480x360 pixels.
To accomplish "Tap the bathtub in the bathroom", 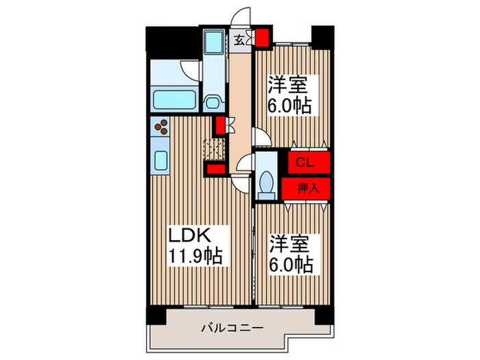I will tap(175, 101).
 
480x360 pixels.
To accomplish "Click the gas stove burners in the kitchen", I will tap(164, 128).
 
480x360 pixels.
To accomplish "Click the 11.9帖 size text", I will tap(195, 256).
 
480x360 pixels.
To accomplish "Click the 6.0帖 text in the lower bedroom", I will tap(291, 265).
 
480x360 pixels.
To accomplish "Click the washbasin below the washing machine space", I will tap(213, 102).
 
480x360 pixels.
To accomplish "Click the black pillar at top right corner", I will tap(320, 34).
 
